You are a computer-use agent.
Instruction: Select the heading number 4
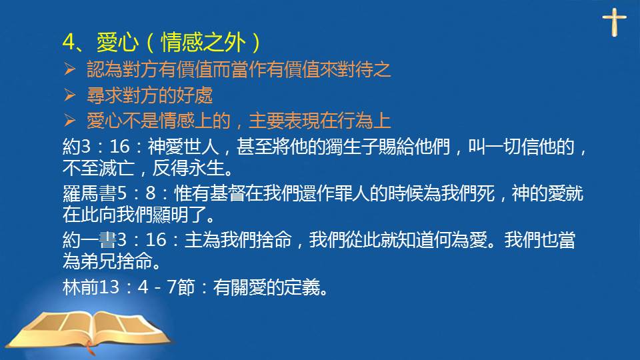[x=69, y=42]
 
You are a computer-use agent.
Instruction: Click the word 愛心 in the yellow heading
[x=117, y=42]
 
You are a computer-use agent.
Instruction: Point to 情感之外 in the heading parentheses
[x=203, y=42]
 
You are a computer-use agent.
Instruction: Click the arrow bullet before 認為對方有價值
[x=70, y=69]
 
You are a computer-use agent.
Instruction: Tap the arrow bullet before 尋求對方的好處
[x=70, y=95]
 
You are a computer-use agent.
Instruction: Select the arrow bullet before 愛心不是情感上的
[x=70, y=121]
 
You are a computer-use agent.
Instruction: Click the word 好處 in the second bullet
[x=195, y=95]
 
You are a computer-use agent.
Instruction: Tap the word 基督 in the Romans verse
[x=227, y=193]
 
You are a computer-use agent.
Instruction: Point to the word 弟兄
[x=99, y=261]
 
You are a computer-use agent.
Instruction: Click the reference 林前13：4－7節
[x=129, y=287]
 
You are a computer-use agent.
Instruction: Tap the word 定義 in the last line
[x=302, y=287]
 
